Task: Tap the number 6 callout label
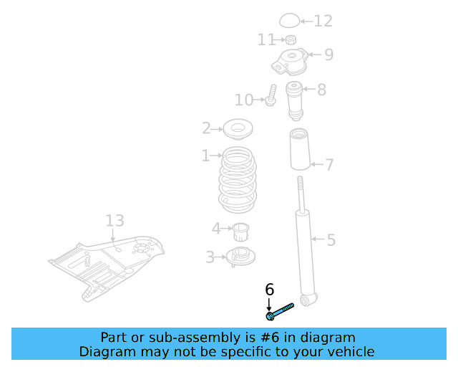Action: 270,290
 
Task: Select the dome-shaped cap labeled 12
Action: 288,21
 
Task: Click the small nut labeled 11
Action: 291,39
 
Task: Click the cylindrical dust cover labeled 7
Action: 299,150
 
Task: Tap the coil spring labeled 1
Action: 236,180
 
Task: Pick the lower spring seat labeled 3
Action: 240,256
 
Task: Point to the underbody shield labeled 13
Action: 107,265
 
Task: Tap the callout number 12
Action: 323,22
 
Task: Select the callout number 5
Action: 331,240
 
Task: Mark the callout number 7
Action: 329,166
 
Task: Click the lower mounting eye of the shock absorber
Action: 308,299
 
